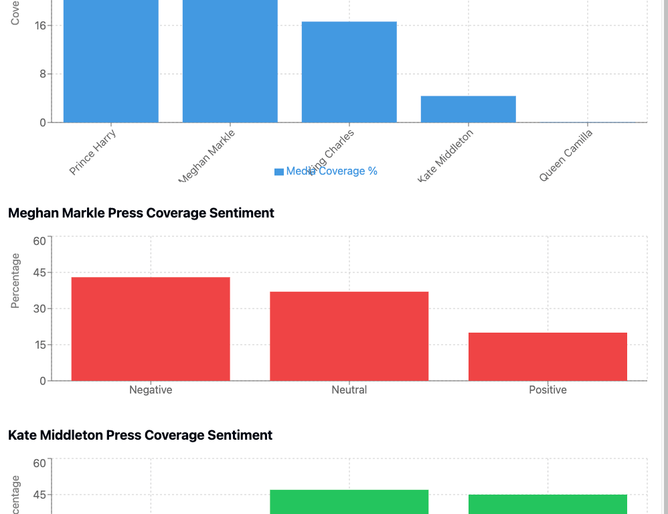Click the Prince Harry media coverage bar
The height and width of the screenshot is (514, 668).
point(110,61)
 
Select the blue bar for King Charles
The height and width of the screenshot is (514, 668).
point(349,72)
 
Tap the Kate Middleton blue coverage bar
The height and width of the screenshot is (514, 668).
point(468,109)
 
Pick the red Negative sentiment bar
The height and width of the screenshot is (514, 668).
point(151,329)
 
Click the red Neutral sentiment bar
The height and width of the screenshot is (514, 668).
point(349,336)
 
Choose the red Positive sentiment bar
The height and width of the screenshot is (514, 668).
point(548,356)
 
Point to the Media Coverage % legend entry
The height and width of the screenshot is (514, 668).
point(326,171)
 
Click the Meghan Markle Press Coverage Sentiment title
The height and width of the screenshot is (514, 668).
point(141,213)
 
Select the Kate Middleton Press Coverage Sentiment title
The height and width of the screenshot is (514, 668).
point(140,435)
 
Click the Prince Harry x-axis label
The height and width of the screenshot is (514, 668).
point(93,152)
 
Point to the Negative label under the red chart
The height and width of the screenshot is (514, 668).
point(151,390)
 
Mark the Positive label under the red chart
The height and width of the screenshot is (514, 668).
point(548,390)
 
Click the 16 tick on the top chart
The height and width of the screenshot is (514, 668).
point(39,26)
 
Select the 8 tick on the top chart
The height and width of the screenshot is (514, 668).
point(42,74)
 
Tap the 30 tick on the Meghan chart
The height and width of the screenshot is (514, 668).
point(39,309)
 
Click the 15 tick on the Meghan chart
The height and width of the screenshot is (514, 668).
point(39,345)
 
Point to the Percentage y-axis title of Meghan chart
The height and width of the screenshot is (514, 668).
point(15,281)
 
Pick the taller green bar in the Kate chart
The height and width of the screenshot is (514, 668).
point(349,501)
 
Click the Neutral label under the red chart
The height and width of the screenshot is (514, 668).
point(349,390)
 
